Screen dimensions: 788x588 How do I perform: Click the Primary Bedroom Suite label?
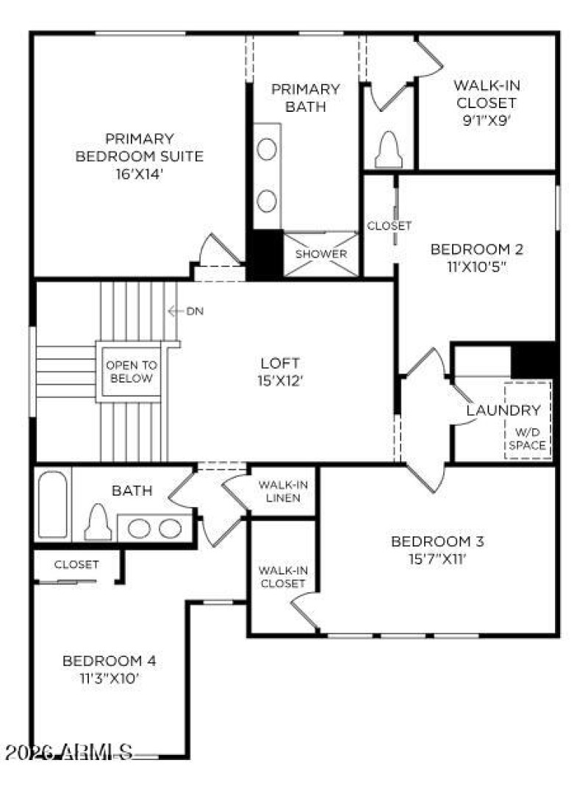[140, 147]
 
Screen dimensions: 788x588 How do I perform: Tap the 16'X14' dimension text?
[140, 174]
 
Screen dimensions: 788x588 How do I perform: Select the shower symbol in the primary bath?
[321, 254]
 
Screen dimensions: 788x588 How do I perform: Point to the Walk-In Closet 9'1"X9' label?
[484, 103]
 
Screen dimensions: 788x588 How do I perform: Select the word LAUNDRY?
[503, 410]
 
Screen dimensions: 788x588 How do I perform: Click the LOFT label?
[280, 363]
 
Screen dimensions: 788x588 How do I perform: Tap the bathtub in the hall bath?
[52, 504]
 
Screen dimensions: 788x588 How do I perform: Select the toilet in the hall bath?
[98, 522]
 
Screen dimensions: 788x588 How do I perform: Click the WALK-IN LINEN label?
[282, 491]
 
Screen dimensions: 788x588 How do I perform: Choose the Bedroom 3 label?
[437, 542]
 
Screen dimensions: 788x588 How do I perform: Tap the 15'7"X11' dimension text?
[437, 560]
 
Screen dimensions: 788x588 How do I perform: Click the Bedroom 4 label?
[109, 660]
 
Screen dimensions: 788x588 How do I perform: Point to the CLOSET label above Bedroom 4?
[76, 564]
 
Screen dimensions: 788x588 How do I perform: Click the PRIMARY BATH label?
[306, 97]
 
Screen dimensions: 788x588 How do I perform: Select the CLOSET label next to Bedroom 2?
[390, 225]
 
